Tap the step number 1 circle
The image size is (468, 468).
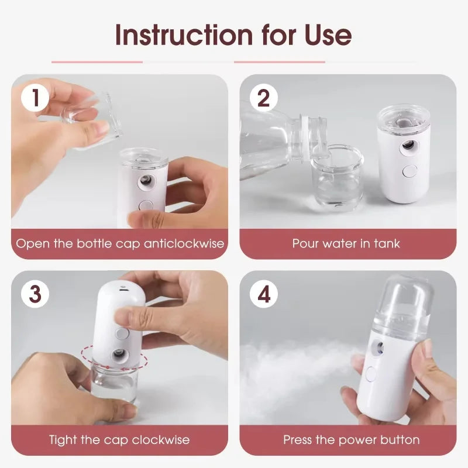pos(36,98)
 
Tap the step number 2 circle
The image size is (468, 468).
pos(264,98)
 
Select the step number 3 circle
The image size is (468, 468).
pos(36,294)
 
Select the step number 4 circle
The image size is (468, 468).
pos(264,294)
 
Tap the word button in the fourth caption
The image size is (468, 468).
pos(400,439)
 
